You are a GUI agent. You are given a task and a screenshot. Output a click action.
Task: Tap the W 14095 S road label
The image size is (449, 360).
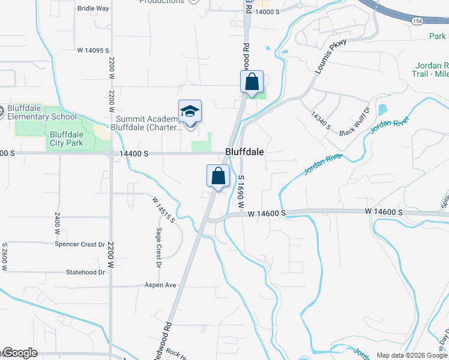[x=89, y=50]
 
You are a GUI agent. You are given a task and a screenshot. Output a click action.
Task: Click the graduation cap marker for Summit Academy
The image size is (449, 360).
[x=190, y=112]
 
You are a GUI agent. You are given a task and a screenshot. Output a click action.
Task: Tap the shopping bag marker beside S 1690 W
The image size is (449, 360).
[x=218, y=176]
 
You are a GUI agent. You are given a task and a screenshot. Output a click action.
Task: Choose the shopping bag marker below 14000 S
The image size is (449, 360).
[x=252, y=82]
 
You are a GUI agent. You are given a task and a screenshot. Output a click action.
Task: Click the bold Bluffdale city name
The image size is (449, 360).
[x=244, y=152]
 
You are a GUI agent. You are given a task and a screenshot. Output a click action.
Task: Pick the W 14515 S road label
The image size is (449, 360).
[x=163, y=210]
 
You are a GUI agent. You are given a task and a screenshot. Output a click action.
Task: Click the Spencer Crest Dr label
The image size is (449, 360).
[x=80, y=245]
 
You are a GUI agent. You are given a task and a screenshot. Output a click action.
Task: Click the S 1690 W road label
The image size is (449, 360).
[x=241, y=191]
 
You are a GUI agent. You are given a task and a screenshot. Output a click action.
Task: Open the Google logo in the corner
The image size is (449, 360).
[x=20, y=353]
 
